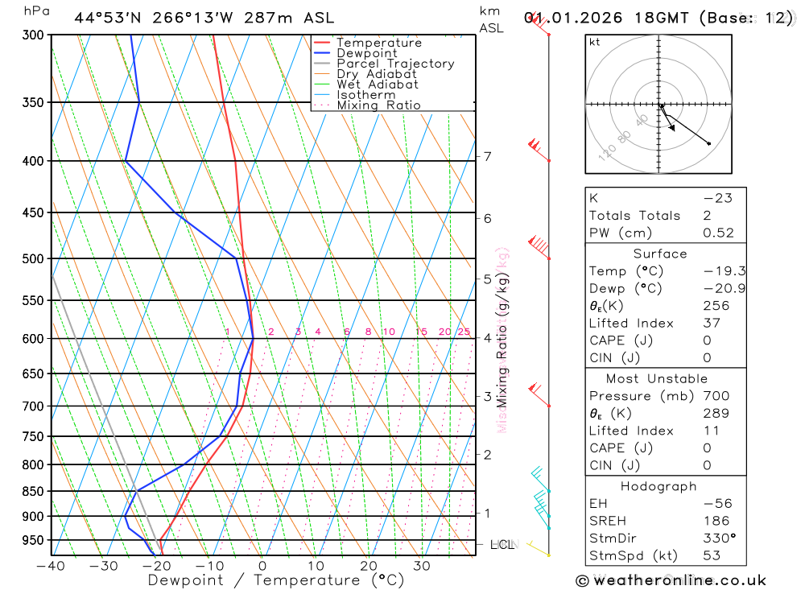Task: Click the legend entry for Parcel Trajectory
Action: click(x=394, y=64)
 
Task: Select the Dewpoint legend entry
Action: click(x=366, y=53)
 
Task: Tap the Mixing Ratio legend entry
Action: click(x=378, y=105)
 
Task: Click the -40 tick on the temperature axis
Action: click(x=51, y=566)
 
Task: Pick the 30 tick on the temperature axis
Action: click(x=421, y=566)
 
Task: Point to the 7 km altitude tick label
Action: click(x=487, y=156)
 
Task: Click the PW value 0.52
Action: click(x=718, y=233)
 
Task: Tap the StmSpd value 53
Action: click(x=711, y=555)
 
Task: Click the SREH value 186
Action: click(x=715, y=522)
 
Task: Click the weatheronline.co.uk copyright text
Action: click(x=671, y=580)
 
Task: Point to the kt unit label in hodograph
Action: click(x=595, y=42)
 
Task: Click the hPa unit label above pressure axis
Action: click(x=35, y=11)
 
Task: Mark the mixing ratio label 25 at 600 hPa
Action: click(x=464, y=332)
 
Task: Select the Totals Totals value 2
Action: click(x=706, y=215)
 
